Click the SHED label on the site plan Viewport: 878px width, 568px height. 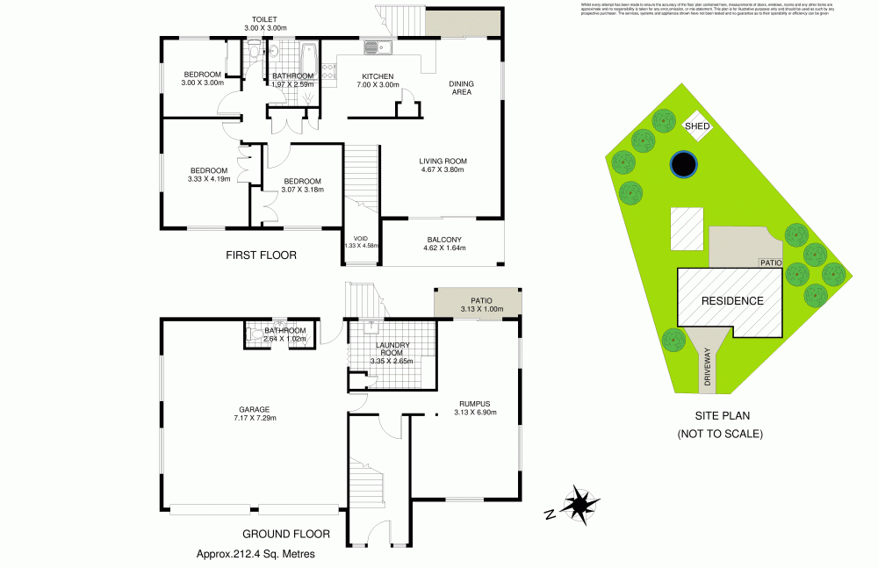[697, 126]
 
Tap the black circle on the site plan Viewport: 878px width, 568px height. [683, 163]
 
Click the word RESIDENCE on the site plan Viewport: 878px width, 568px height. [731, 301]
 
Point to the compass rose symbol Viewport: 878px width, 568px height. [577, 505]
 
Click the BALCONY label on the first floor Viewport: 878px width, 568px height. [444, 240]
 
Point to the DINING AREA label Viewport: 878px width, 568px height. [462, 87]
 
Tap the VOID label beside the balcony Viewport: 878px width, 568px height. [361, 238]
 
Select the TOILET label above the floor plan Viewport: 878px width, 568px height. [264, 18]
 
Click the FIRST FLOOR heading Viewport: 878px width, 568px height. [261, 255]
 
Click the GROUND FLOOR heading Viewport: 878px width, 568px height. [285, 533]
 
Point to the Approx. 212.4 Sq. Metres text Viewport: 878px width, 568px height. [255, 554]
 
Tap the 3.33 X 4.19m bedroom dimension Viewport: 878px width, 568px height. [209, 179]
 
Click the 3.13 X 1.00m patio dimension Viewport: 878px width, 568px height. [477, 309]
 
